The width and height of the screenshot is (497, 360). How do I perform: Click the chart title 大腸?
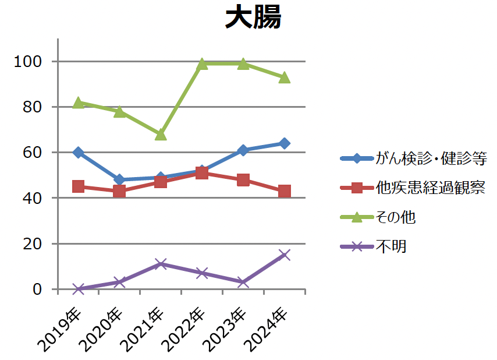(x=253, y=18)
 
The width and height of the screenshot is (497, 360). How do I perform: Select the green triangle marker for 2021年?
(x=161, y=135)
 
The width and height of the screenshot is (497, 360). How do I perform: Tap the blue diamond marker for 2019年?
(x=79, y=153)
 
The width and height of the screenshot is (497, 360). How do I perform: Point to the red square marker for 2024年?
(x=284, y=191)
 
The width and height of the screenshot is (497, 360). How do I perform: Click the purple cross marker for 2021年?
(x=161, y=264)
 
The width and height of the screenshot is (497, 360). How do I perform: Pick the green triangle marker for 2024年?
(x=284, y=77)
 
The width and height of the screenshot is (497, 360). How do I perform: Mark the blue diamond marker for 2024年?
(x=284, y=143)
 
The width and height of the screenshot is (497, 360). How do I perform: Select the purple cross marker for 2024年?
(x=284, y=255)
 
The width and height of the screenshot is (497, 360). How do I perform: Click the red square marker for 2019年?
(x=79, y=186)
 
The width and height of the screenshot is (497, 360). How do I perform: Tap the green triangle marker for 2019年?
(x=79, y=103)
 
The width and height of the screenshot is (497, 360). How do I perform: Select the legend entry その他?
(x=396, y=217)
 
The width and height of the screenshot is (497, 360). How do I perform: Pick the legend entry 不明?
(x=391, y=247)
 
